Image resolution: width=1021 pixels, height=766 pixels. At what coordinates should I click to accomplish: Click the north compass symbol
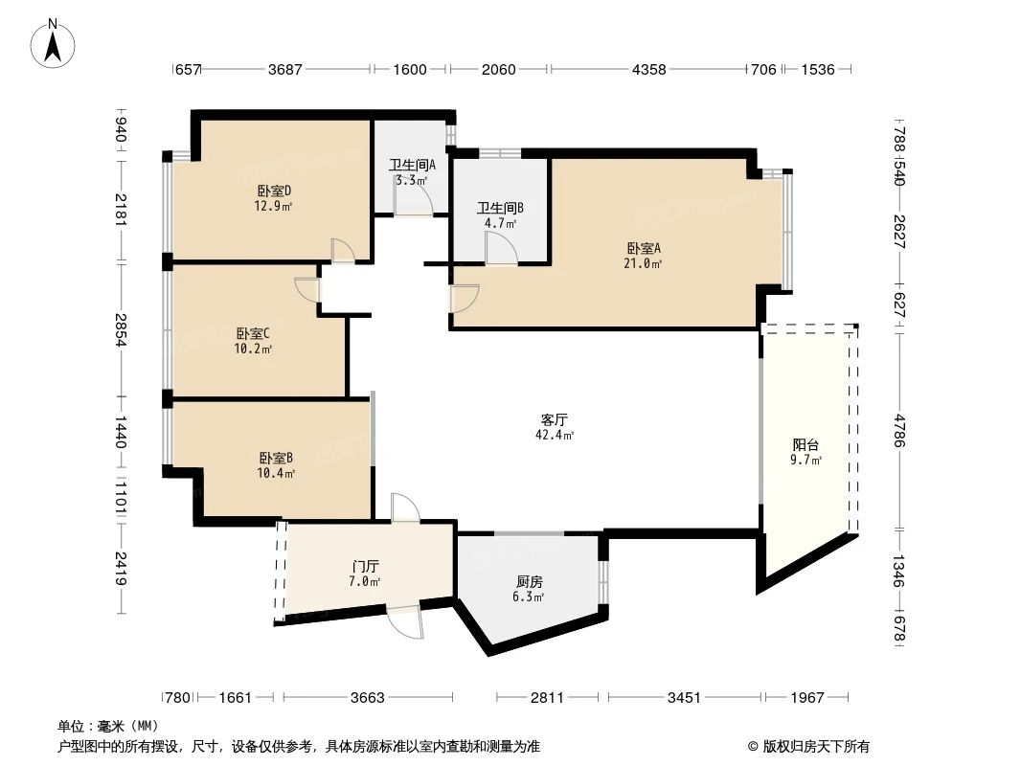[55, 43]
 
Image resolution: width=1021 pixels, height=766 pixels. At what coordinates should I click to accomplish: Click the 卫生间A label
[412, 171]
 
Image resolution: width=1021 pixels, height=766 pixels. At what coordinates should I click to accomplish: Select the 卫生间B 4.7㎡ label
[500, 214]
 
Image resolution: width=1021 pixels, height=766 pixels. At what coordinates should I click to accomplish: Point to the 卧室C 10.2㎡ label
[253, 341]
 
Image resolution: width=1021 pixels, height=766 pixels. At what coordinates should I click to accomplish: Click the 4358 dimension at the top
[647, 69]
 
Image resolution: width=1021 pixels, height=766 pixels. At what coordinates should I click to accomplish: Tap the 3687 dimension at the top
[285, 69]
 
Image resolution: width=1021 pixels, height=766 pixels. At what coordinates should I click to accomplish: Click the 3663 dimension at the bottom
[366, 698]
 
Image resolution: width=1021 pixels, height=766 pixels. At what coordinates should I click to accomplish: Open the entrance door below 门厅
[406, 623]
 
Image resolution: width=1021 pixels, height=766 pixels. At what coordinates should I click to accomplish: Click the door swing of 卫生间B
[500, 248]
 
